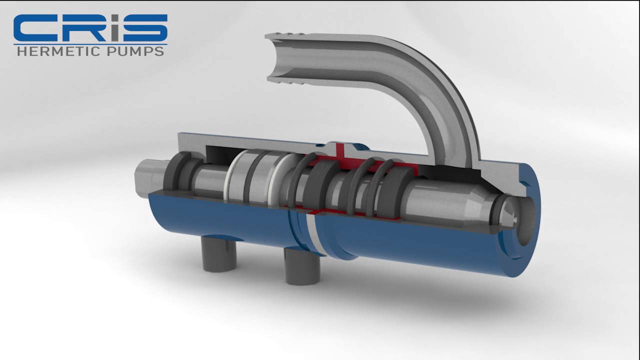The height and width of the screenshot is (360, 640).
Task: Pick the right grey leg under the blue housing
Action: point(302,267)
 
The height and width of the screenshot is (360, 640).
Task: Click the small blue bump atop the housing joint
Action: point(360,146)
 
